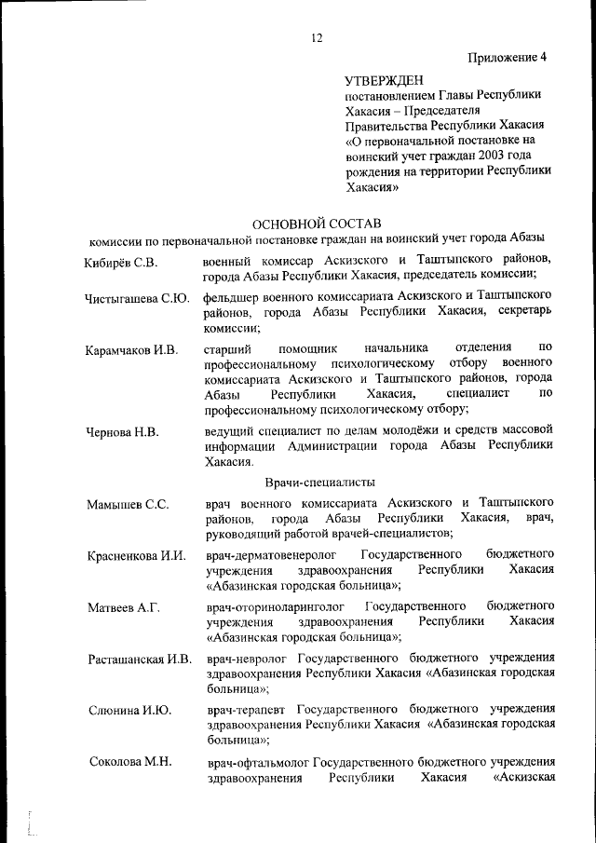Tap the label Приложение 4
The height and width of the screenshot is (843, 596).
[x=508, y=57]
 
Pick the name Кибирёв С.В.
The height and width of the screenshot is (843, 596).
[x=120, y=262]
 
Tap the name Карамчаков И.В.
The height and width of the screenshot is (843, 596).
[x=130, y=351]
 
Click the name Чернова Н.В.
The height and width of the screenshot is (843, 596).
[x=121, y=433]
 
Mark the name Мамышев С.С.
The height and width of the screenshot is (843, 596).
[x=128, y=505]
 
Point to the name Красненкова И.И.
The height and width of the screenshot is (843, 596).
[x=137, y=557]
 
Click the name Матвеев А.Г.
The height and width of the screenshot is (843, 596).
[x=124, y=608]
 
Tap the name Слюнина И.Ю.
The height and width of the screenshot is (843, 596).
[x=129, y=711]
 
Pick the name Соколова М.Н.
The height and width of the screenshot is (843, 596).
[x=130, y=762]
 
